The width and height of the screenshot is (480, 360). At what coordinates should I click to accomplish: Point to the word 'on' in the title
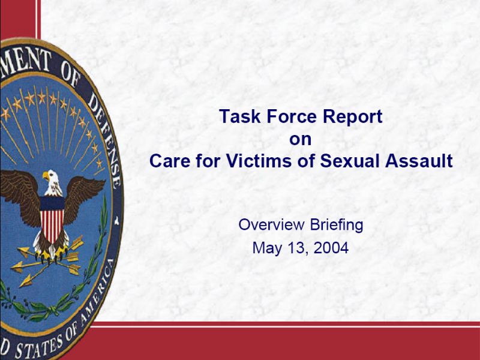tap(301, 140)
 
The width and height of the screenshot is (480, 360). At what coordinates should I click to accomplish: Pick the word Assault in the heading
tap(419, 161)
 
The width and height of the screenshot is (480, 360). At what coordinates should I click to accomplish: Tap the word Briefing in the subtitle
tap(337, 226)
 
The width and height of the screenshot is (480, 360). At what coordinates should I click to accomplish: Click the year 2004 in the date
tap(331, 248)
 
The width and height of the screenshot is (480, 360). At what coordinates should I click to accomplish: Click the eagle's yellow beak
tap(46, 176)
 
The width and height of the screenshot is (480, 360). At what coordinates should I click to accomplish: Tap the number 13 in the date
tap(295, 248)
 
